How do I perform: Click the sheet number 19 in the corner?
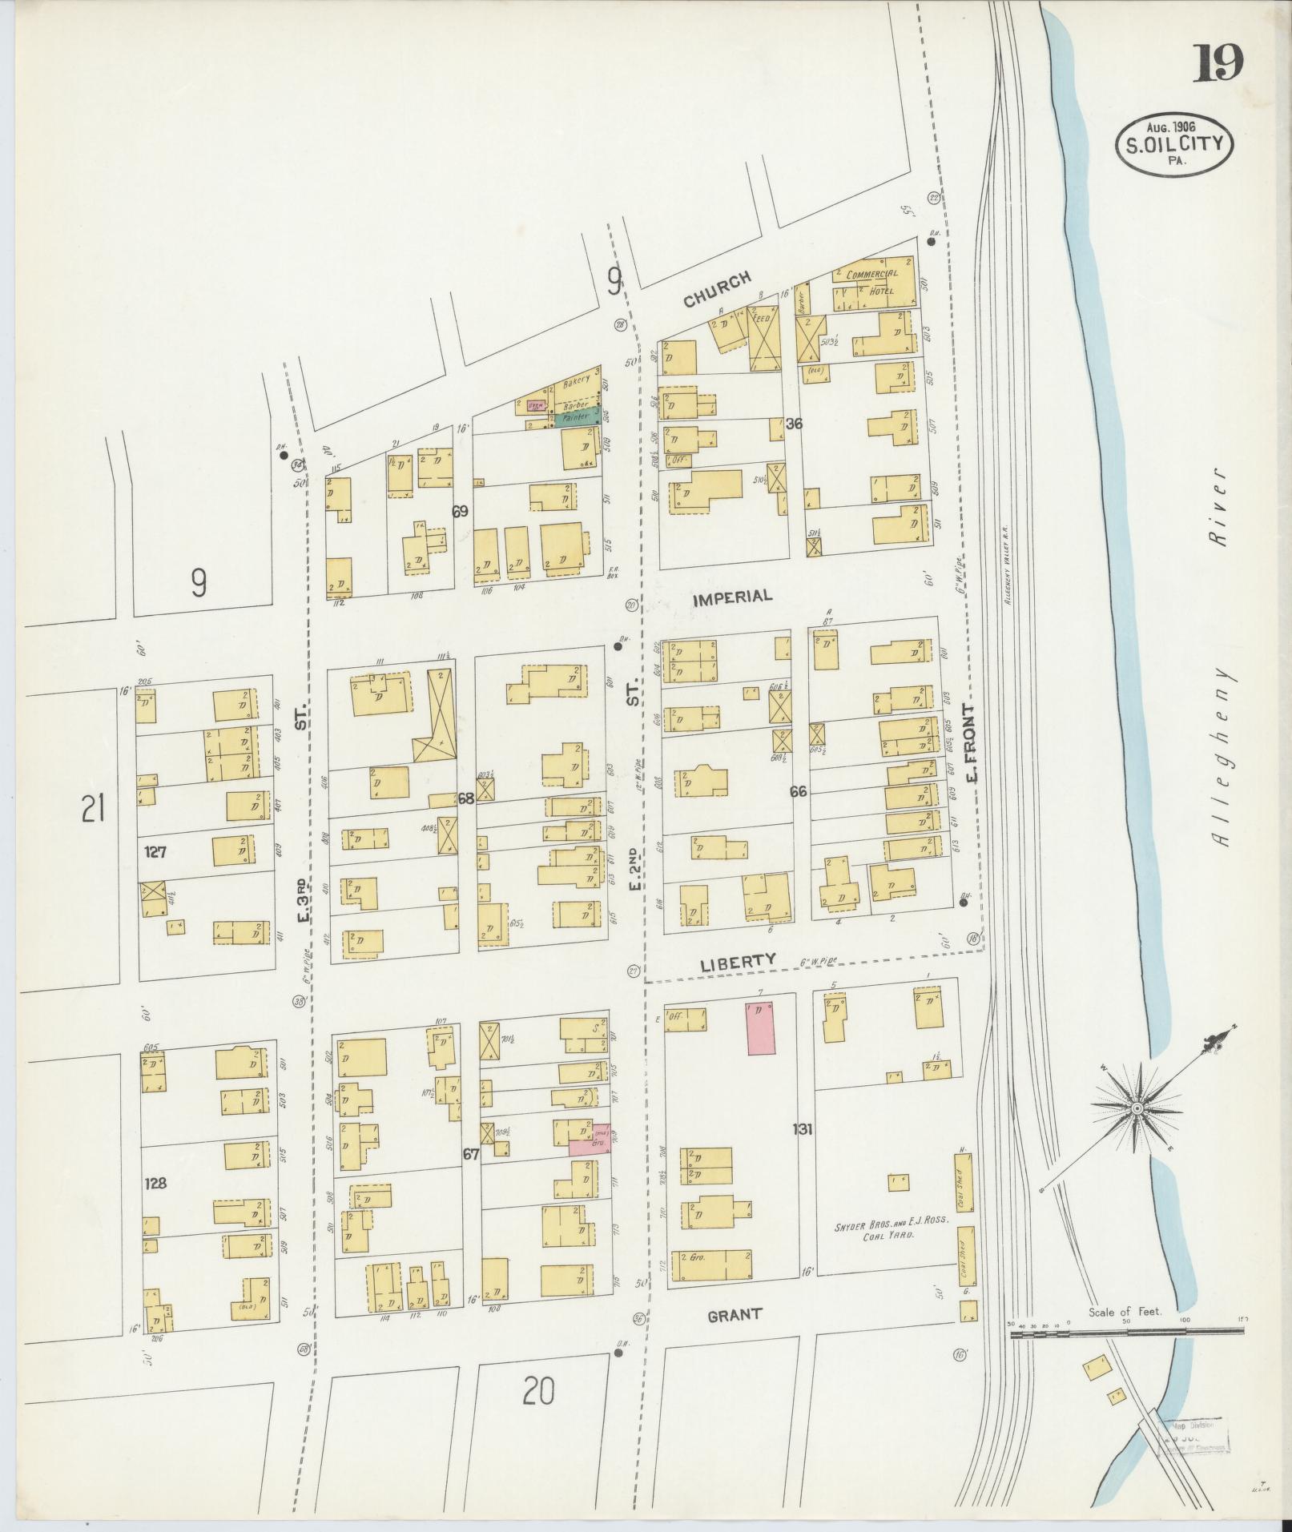[1220, 65]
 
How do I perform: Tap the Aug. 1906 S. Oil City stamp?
[1176, 143]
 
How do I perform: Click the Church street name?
[717, 288]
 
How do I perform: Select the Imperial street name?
[732, 596]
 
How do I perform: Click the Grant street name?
[734, 1314]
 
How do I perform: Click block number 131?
[803, 1130]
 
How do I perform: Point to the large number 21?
[94, 812]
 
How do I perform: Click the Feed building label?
[762, 318]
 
